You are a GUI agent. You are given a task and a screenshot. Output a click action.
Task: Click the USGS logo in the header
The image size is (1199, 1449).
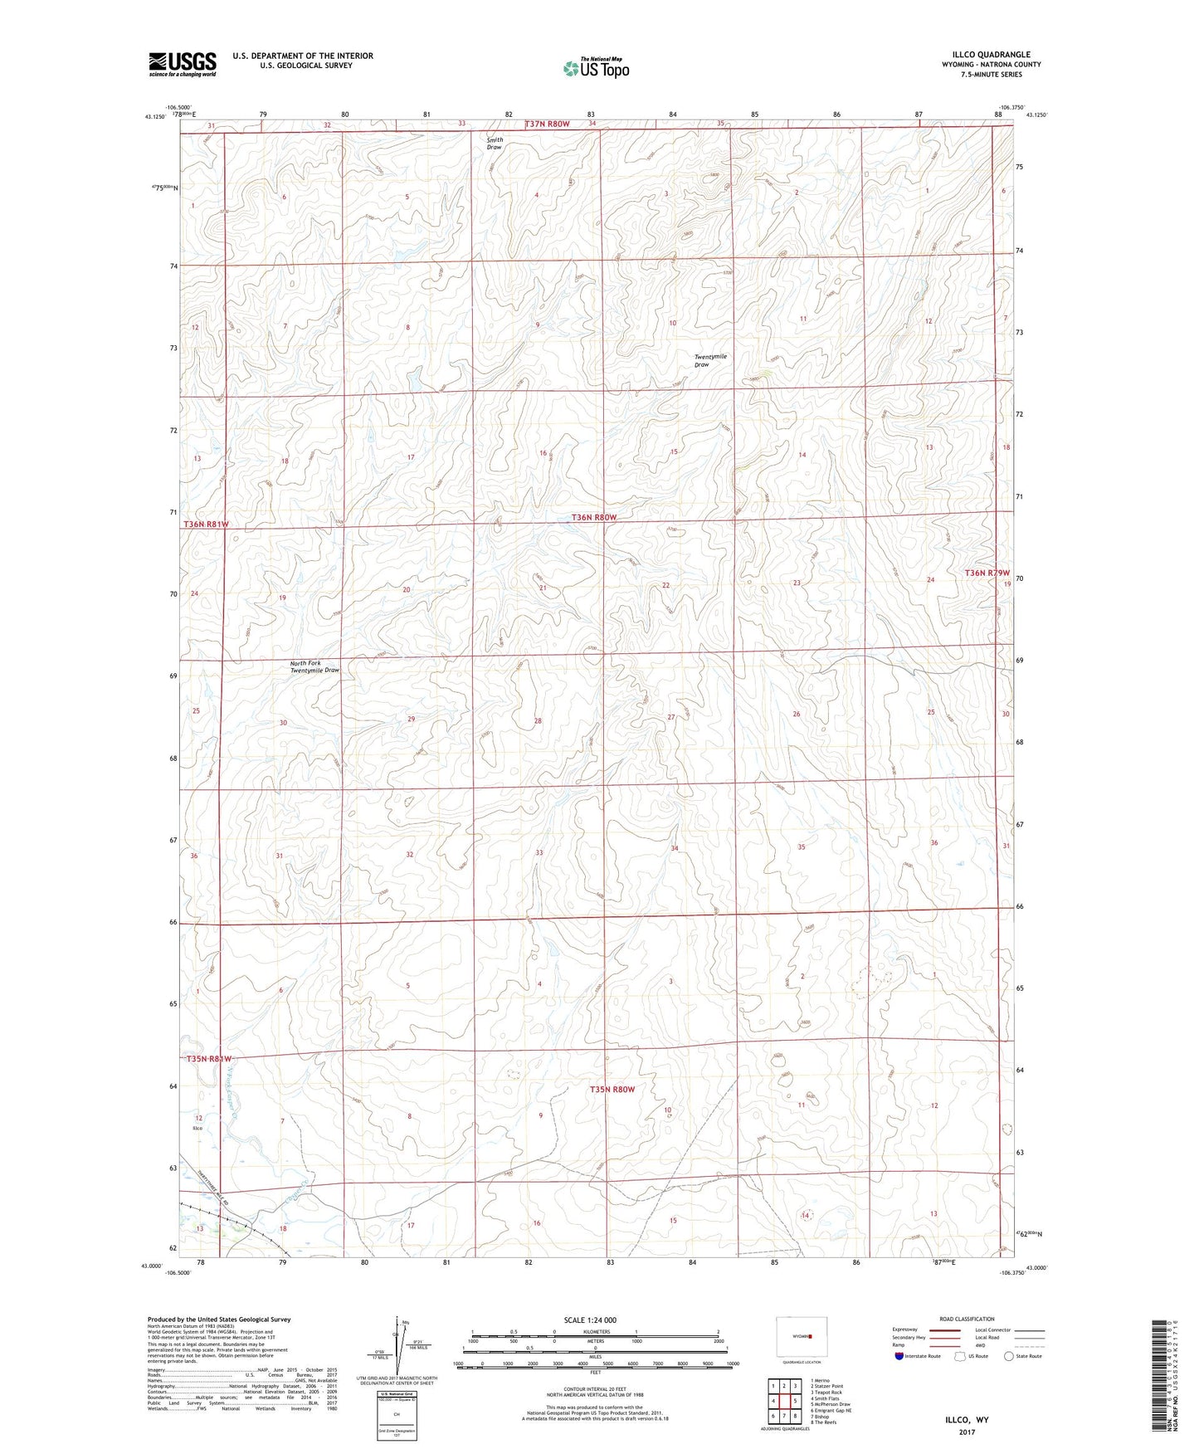click(x=183, y=64)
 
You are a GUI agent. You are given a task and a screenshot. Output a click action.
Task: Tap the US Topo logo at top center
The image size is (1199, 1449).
click(x=595, y=68)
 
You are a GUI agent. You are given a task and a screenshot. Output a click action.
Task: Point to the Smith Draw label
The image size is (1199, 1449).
click(x=495, y=143)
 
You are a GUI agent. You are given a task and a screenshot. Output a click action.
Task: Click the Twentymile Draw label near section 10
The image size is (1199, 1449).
click(x=709, y=360)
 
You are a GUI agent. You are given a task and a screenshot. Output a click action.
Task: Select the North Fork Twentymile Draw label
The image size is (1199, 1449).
click(x=314, y=666)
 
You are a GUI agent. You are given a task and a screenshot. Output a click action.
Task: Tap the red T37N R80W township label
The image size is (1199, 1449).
click(x=548, y=124)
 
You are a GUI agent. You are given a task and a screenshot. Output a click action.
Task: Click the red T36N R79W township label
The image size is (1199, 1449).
click(x=987, y=573)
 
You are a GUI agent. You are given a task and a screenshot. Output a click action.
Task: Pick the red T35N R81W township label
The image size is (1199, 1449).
click(x=207, y=1059)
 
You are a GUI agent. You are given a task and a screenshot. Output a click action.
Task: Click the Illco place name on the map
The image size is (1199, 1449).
click(x=197, y=1129)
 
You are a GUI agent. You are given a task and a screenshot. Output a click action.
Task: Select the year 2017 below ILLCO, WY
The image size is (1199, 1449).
click(x=967, y=1432)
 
